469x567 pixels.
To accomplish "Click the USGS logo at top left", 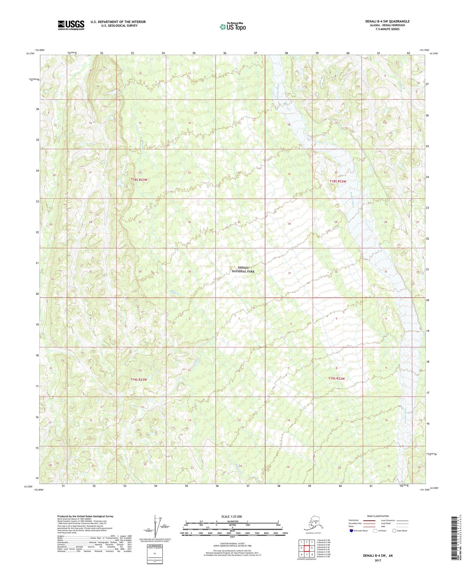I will [x=71, y=25].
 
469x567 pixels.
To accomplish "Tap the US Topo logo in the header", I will [x=232, y=27].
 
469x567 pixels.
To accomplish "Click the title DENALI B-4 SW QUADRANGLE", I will [x=387, y=21].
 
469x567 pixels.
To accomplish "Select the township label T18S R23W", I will [x=139, y=180].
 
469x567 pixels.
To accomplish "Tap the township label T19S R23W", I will [x=139, y=380].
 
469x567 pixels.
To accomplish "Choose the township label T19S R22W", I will [x=336, y=379].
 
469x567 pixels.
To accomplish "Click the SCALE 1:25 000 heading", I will [x=232, y=516].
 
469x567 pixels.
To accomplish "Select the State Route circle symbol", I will [x=394, y=531].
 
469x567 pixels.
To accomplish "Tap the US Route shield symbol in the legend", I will [x=376, y=531].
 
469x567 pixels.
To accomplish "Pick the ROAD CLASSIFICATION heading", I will [x=377, y=516].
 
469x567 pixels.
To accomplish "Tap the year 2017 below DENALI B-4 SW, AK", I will [x=377, y=560].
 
